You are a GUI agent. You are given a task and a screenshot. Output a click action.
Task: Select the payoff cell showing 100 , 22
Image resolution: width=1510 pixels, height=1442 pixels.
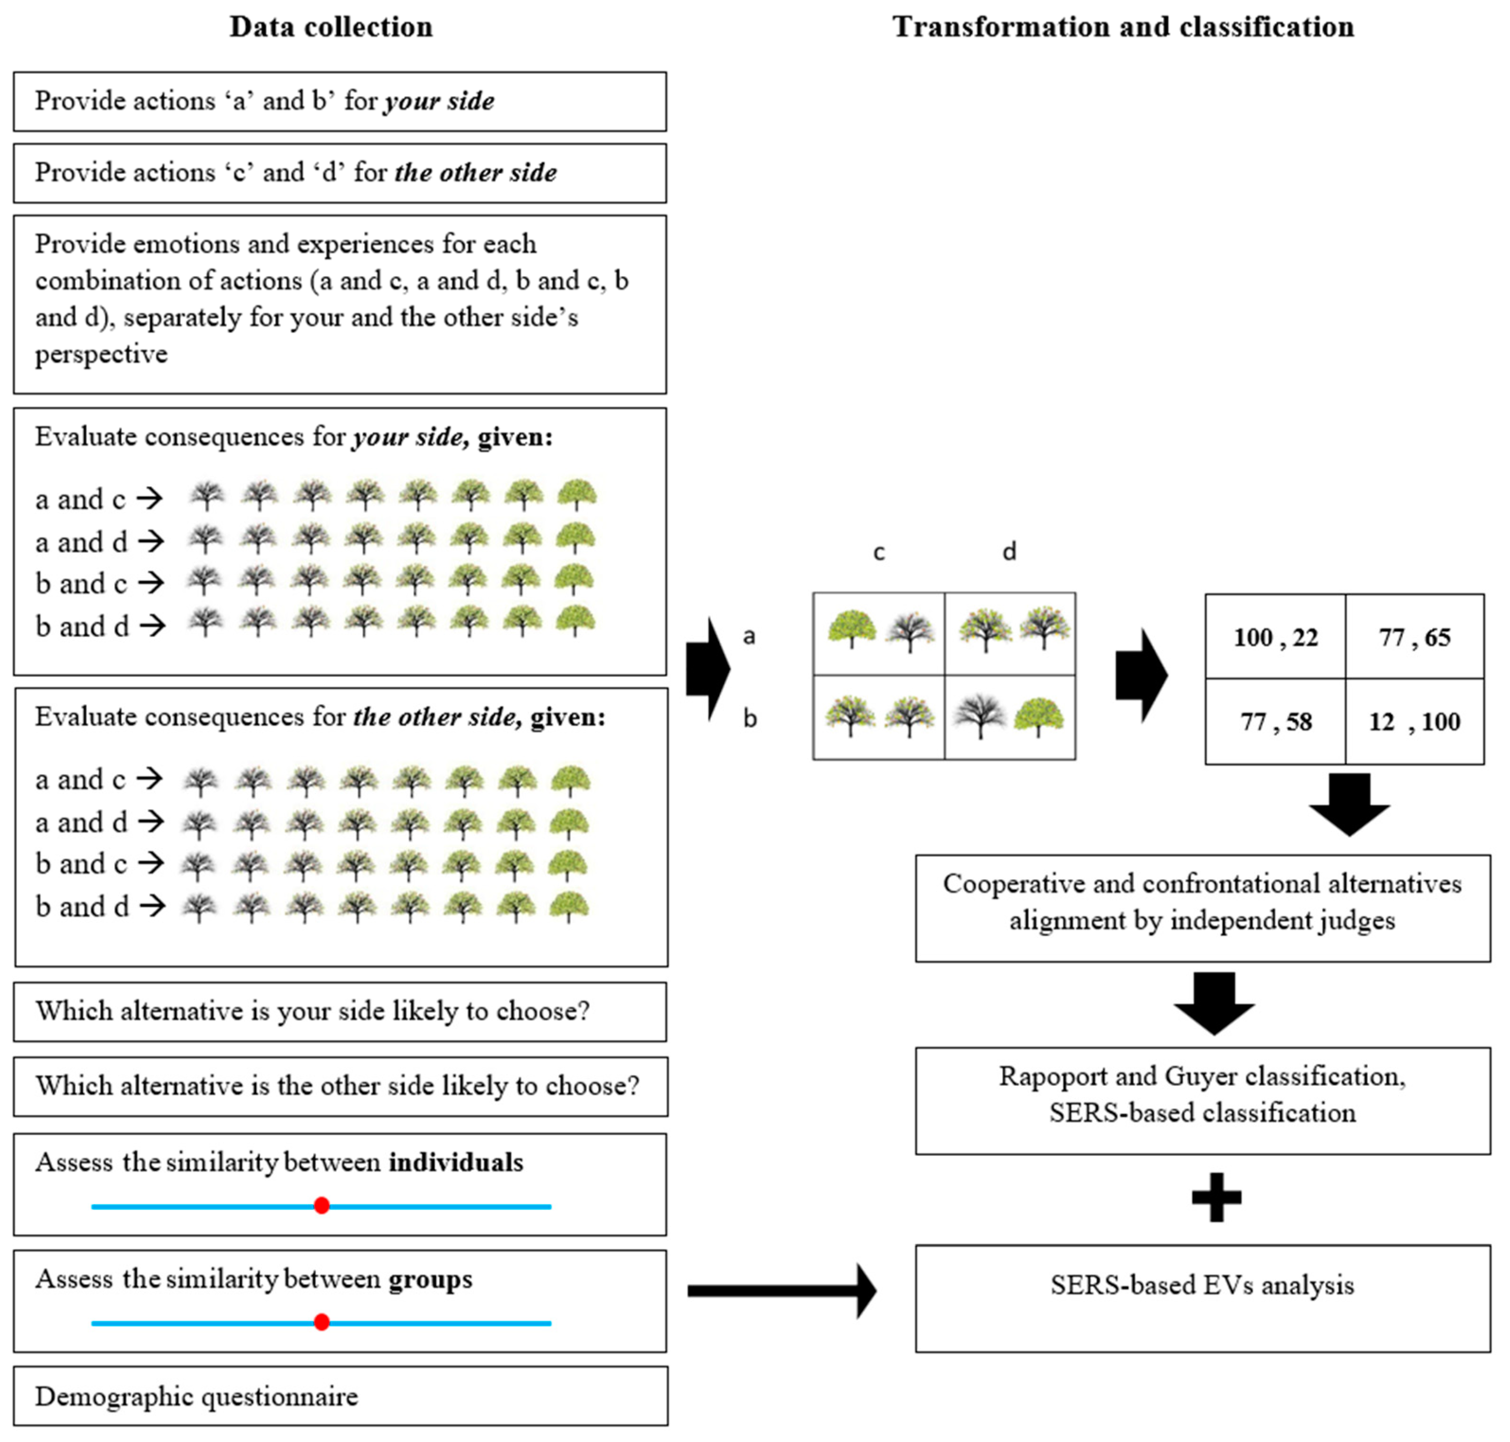(1275, 637)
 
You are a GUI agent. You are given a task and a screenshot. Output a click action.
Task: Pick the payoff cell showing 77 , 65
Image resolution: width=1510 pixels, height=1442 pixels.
(1414, 637)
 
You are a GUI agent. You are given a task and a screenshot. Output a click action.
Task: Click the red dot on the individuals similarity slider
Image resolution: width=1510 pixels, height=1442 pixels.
(322, 1205)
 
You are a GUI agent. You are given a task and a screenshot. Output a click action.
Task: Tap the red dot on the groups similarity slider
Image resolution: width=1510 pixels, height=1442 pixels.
(322, 1322)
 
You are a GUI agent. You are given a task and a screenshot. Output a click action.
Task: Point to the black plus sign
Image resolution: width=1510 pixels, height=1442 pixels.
(1216, 1197)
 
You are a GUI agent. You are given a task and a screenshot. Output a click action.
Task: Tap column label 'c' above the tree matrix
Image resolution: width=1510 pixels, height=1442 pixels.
(879, 552)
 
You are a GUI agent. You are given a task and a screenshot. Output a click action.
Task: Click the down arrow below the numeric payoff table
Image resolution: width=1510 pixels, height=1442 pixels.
(1349, 805)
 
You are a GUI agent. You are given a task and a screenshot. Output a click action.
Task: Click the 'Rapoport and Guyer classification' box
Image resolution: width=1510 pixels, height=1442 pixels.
(1202, 1100)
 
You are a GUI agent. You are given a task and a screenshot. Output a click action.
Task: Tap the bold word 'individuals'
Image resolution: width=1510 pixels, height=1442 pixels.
(456, 1162)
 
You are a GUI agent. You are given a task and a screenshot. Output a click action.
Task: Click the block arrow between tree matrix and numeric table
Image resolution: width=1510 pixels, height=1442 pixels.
(1141, 676)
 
